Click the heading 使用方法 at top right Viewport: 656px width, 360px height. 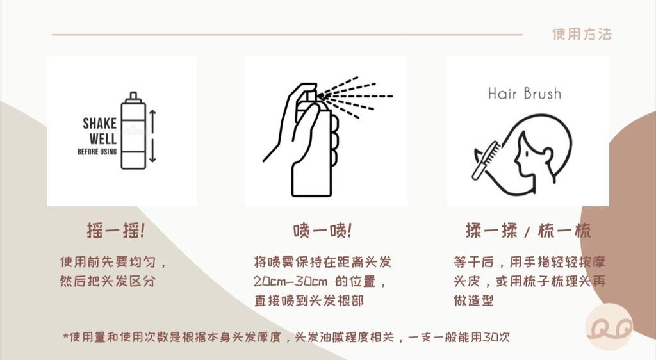[x=582, y=34]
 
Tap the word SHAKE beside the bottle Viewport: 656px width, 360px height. [x=99, y=124]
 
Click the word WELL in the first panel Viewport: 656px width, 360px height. [x=103, y=138]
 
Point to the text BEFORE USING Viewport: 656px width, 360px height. [x=97, y=151]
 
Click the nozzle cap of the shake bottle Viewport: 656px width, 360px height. [x=133, y=97]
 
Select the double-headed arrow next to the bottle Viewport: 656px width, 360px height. [x=152, y=136]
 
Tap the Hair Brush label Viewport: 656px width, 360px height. [x=525, y=94]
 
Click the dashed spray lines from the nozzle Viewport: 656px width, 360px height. [x=356, y=97]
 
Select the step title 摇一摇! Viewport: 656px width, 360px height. [x=116, y=231]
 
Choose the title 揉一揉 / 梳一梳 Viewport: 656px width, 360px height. [x=529, y=231]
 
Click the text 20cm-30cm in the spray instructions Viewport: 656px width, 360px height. [x=290, y=281]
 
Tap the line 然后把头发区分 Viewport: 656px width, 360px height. [x=108, y=281]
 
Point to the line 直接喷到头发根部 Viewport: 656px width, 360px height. [x=309, y=300]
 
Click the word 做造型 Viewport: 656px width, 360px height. [x=473, y=300]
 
